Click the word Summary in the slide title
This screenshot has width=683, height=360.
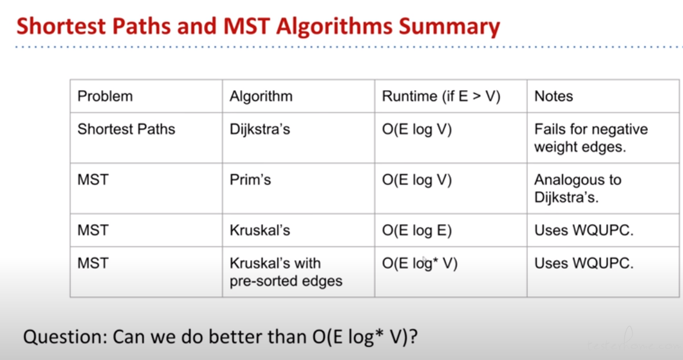coord(449,26)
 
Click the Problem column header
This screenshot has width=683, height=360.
coord(105,96)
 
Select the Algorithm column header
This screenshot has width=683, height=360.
coord(261,96)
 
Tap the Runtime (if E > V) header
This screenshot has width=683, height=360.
coord(441,96)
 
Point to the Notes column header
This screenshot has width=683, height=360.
coord(554,96)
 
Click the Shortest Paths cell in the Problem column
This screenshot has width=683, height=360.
coord(126,129)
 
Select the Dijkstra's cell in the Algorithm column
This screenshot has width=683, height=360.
coord(260,129)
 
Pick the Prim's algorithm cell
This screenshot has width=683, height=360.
coord(250,180)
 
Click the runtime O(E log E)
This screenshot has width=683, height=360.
coord(417,230)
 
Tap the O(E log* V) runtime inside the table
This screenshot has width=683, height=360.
coord(420,263)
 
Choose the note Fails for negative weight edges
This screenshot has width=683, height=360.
coord(591,138)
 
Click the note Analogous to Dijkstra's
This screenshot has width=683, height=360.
coord(578,189)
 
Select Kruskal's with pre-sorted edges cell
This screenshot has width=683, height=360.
coord(286,272)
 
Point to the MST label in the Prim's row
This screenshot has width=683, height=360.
coord(93,180)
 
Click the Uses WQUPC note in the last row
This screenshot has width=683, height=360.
coord(584,263)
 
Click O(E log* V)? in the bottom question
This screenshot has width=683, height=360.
coord(365,337)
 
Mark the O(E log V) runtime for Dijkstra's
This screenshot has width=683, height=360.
coord(417,129)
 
